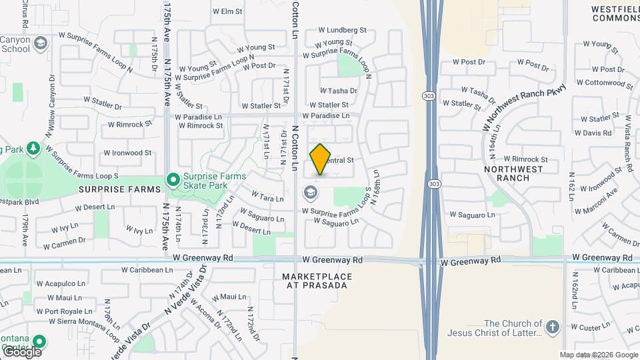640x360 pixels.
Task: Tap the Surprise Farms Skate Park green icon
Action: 173,179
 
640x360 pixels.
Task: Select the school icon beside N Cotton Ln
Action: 310,194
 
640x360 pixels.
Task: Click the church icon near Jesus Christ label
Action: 552,327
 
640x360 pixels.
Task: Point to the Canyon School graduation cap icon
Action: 41,44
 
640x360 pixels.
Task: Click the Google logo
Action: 21,351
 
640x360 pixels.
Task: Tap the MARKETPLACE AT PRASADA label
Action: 315,281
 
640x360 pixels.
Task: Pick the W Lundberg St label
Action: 343,30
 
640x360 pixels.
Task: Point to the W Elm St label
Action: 227,11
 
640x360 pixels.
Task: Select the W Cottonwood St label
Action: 605,83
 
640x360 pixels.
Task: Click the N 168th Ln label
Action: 376,187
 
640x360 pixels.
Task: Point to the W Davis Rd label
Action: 592,133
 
